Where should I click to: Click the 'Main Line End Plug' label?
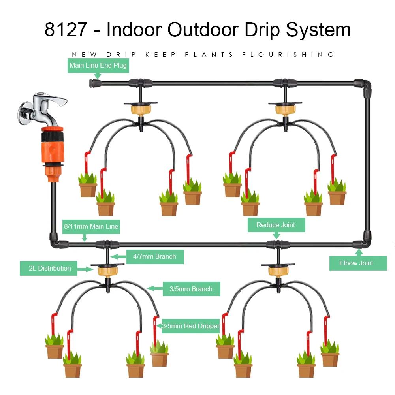[98, 65]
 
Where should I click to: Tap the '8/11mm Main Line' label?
[91, 227]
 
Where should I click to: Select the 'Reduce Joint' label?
[276, 225]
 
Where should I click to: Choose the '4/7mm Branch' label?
[154, 257]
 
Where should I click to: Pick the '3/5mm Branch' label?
[191, 289]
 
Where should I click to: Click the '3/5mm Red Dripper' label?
[191, 326]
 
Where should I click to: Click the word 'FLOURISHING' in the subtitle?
[288, 55]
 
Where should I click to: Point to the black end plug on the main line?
[94, 83]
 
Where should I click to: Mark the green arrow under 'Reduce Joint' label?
[276, 235]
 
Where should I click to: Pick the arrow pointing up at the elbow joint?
[359, 252]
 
